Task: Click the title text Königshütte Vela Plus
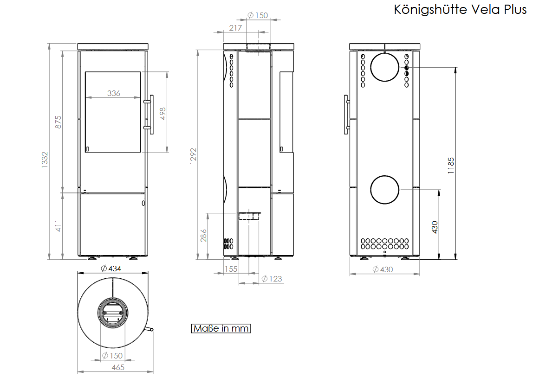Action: pyautogui.click(x=460, y=9)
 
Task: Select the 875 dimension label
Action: pyautogui.click(x=58, y=122)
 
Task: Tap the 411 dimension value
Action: pyautogui.click(x=58, y=225)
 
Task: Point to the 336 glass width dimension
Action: pyautogui.click(x=113, y=93)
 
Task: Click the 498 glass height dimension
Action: pyautogui.click(x=162, y=113)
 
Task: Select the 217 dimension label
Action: pyautogui.click(x=235, y=28)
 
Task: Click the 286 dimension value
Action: pyautogui.click(x=204, y=235)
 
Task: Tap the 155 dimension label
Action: pyautogui.click(x=231, y=269)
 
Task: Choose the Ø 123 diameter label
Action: pyautogui.click(x=271, y=279)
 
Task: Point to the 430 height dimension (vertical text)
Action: pyautogui.click(x=435, y=226)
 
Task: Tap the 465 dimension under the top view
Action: pyautogui.click(x=118, y=367)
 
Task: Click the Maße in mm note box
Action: pyautogui.click(x=221, y=328)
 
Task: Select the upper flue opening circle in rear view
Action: pyautogui.click(x=384, y=67)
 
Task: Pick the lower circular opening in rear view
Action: pyautogui.click(x=384, y=190)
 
